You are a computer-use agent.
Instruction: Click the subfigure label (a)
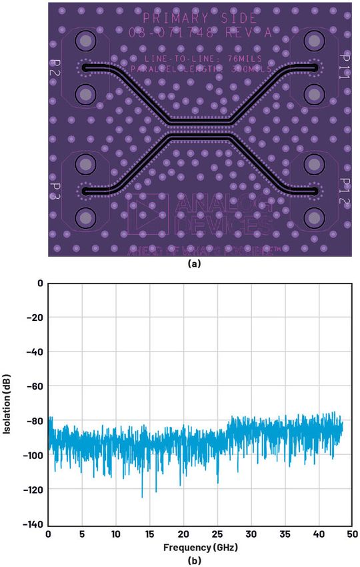tap(193, 264)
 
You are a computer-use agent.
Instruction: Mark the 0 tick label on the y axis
tap(40, 283)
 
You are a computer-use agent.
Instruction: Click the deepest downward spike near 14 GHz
tap(142, 496)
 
